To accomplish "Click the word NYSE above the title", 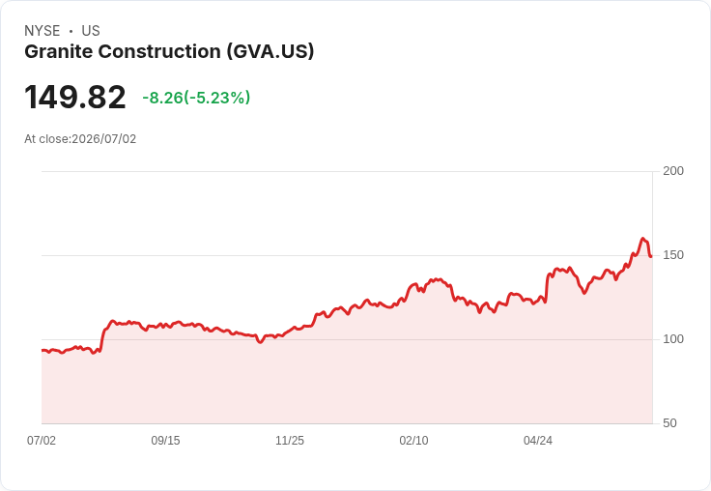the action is click(x=43, y=31).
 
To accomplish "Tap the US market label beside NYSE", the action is click(x=91, y=31).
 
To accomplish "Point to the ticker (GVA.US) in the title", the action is click(x=270, y=52).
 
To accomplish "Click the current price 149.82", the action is click(x=75, y=97).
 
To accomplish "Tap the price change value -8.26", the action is click(x=162, y=98).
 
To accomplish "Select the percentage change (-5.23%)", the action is click(x=216, y=98).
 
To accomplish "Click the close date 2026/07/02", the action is click(x=103, y=139).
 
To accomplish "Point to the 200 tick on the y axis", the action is click(x=673, y=171).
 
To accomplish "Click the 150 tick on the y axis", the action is click(x=673, y=255).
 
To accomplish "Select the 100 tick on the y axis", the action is click(x=673, y=339).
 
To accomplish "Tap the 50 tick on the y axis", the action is click(x=669, y=423).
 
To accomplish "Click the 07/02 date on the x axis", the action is click(x=42, y=440).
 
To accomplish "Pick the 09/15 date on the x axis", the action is click(x=165, y=440).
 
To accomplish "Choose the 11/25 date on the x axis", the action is click(x=290, y=440).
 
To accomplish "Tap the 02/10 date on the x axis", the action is click(x=413, y=440).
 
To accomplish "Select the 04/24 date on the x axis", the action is click(x=538, y=440).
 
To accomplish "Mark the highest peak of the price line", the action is click(x=642, y=238).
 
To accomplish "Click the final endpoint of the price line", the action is click(x=651, y=256).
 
